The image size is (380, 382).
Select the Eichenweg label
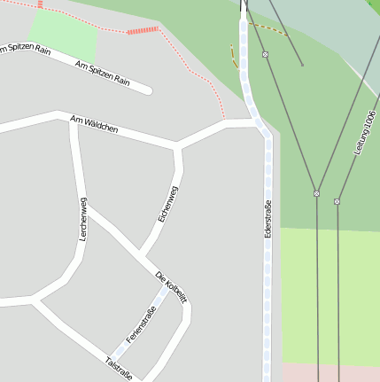pos(167,204)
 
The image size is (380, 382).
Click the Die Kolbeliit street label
pos(171,287)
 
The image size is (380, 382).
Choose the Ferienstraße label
pos(141,324)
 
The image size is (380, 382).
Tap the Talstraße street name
pos(119,369)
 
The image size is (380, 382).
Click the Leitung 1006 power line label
pos(365,134)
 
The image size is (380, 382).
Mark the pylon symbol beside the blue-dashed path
pos(265,54)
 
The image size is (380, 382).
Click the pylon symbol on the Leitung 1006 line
pos(337,201)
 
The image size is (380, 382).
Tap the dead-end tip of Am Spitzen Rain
pos(148,90)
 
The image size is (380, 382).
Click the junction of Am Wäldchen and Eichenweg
pos(177,144)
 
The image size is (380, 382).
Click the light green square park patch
pos(63,38)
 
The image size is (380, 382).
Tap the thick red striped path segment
pos(142,30)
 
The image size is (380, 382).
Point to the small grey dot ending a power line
pos(302,64)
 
